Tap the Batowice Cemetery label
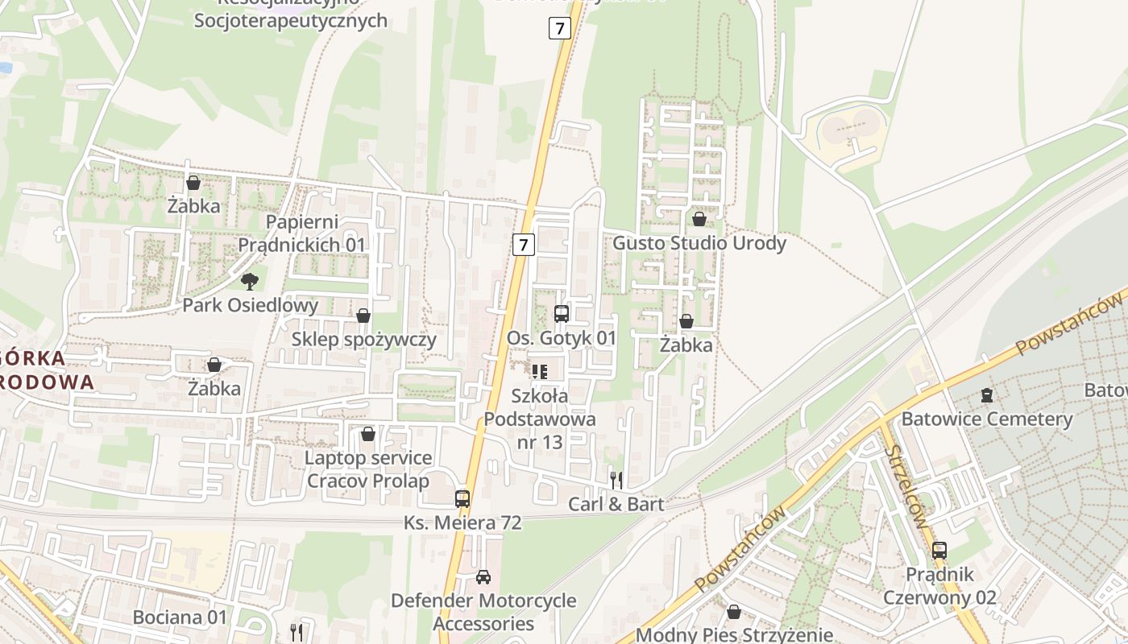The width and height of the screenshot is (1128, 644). (987, 419)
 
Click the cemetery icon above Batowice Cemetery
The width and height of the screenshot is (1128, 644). (987, 395)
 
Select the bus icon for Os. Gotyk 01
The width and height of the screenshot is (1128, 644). (562, 314)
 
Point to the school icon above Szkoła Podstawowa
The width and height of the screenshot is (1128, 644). (539, 371)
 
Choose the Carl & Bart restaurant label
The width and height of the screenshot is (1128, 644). (616, 505)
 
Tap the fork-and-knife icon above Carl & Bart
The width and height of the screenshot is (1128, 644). (616, 481)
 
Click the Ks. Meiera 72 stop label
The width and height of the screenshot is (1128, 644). (462, 523)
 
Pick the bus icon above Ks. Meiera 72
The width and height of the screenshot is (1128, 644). (462, 498)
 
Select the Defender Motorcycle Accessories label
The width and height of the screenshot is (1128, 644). (483, 612)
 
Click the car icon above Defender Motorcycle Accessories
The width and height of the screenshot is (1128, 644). (483, 577)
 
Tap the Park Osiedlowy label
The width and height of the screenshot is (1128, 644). (250, 306)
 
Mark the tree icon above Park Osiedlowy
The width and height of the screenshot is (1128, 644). (250, 281)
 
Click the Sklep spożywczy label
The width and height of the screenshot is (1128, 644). (363, 339)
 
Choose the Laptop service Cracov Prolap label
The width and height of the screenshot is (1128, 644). (368, 469)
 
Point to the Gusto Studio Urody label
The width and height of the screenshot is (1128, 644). (699, 243)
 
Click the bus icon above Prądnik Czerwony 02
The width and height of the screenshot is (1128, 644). (939, 551)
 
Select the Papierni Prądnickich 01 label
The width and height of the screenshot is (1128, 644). (301, 233)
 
